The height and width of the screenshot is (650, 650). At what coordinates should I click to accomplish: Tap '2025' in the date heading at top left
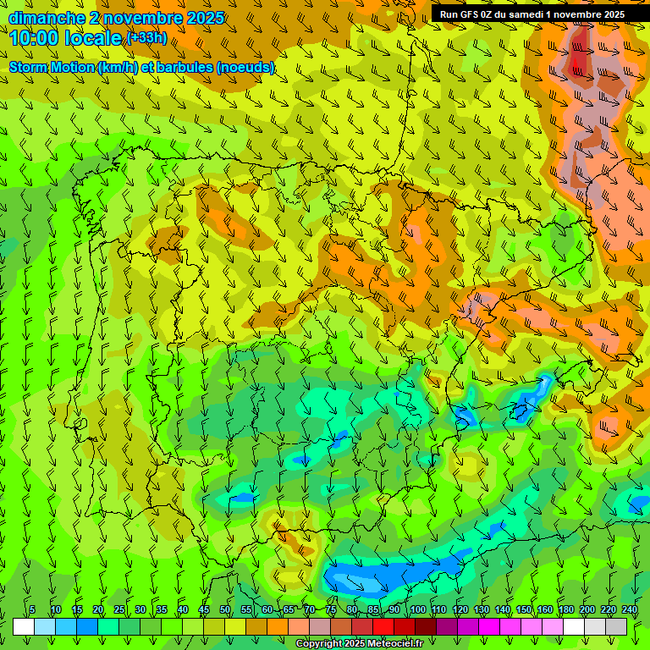point(206,18)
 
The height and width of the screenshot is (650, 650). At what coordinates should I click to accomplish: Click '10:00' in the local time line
point(35,38)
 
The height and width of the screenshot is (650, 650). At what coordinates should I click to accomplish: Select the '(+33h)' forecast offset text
point(146,38)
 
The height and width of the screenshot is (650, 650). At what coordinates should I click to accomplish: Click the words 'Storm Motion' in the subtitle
point(51,67)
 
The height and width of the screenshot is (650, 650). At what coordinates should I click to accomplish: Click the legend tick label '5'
point(32,610)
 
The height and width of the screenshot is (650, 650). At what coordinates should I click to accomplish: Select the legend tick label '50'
point(225,610)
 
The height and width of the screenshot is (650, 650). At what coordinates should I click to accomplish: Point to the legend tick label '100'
point(417,610)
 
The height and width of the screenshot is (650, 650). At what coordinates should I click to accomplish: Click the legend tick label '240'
point(630,610)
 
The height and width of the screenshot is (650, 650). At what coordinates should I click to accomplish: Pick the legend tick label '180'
point(565,610)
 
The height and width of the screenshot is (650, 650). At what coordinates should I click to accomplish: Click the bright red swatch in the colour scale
point(383,626)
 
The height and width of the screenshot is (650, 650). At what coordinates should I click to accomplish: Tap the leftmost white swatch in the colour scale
point(24,626)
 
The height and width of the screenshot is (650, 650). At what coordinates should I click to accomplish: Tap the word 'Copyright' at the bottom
point(320,644)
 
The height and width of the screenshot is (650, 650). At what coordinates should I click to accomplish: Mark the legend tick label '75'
point(331,610)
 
